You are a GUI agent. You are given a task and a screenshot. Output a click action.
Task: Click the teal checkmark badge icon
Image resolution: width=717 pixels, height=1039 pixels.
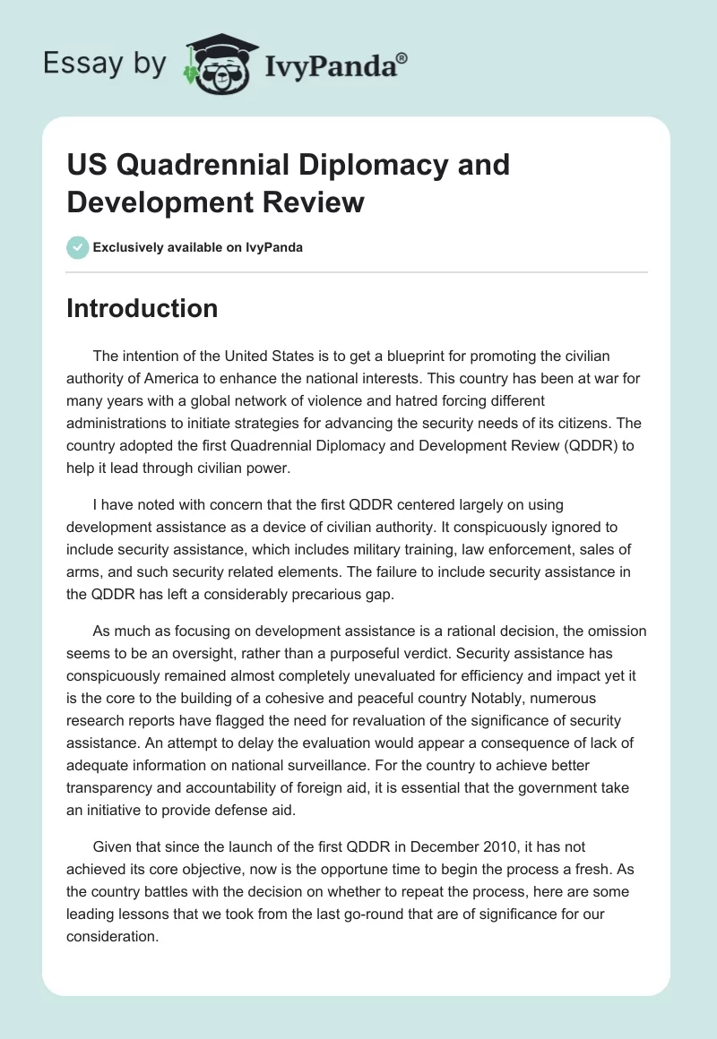point(77,247)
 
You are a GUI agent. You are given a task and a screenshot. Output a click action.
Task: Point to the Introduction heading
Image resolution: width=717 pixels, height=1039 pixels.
point(142,308)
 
